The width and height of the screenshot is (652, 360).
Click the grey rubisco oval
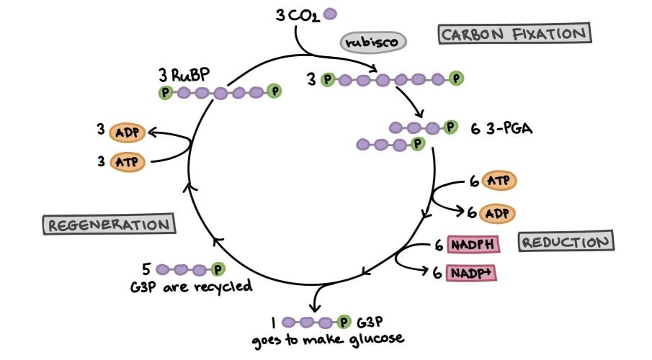[x=373, y=42]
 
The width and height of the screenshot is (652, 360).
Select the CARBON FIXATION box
[x=515, y=34]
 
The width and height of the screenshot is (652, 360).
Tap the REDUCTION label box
[x=566, y=241]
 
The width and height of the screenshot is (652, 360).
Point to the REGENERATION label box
[x=109, y=225]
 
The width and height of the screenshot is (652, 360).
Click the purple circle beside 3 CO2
[x=330, y=14]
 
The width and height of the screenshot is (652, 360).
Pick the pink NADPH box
[x=473, y=244]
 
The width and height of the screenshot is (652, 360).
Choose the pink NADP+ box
[x=471, y=273]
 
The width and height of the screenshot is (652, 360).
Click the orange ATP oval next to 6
[x=499, y=181]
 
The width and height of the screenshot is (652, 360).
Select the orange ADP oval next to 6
[x=497, y=213]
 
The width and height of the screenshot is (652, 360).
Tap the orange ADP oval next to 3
[x=128, y=132]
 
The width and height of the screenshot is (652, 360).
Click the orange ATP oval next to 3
[x=128, y=161]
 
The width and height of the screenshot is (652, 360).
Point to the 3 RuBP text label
[x=184, y=76]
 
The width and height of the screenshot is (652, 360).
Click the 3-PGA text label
[x=509, y=128]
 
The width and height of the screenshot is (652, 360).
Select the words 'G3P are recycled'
[x=191, y=287]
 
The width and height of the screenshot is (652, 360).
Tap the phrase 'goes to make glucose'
[x=328, y=340]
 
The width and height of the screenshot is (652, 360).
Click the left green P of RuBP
[x=166, y=92]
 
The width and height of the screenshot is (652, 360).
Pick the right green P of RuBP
[x=274, y=91]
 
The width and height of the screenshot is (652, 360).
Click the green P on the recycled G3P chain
[x=218, y=269]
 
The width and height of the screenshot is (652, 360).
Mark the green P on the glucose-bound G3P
[x=343, y=322]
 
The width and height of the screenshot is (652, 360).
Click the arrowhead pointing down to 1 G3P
[x=315, y=308]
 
